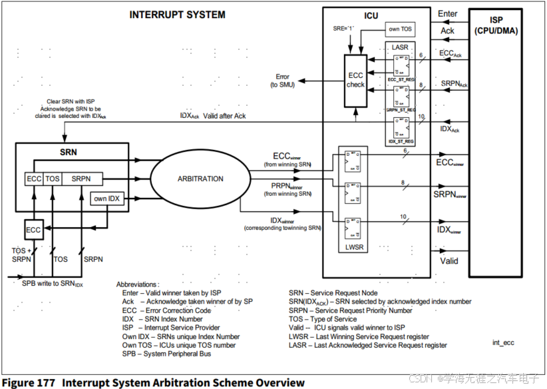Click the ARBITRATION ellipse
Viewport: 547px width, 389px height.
[x=200, y=179]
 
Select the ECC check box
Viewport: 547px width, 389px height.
[x=356, y=79]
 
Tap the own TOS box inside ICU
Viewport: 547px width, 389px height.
[x=399, y=29]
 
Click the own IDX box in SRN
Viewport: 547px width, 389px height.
[x=106, y=198]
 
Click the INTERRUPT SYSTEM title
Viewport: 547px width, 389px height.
[x=177, y=15]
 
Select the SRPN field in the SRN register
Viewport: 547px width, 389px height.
[x=82, y=179]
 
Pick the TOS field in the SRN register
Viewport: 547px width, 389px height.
[x=53, y=179]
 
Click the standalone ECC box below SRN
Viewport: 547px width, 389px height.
[x=33, y=230]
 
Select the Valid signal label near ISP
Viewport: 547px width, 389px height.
[x=449, y=260]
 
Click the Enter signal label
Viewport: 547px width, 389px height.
[x=448, y=14]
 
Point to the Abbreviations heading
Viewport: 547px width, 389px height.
[x=138, y=284]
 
